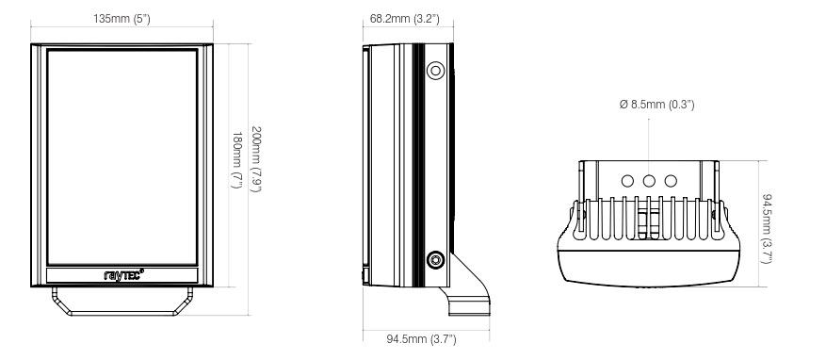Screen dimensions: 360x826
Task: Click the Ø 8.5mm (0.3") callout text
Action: [656, 105]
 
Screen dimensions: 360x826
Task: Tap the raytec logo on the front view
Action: [122, 274]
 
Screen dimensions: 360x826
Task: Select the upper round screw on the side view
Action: [435, 71]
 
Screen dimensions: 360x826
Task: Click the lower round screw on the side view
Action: [435, 260]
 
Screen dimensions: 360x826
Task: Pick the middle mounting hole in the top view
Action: [649, 180]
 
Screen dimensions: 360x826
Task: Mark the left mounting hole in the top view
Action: [628, 180]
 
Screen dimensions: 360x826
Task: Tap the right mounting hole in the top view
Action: [671, 180]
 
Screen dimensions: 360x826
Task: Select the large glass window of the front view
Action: [122, 156]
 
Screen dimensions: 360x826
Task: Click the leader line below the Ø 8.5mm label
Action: [649, 141]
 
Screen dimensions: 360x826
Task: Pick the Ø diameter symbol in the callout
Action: [624, 105]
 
